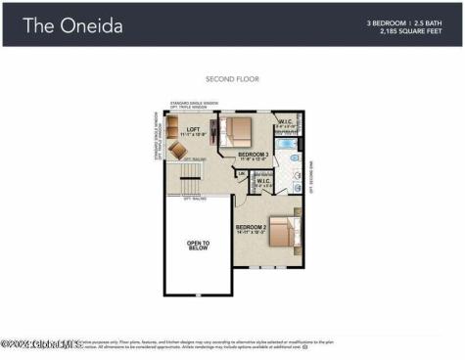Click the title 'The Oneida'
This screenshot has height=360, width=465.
click(73, 25)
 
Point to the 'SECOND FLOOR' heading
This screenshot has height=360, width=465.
click(232, 78)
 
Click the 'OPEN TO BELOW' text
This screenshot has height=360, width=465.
click(199, 245)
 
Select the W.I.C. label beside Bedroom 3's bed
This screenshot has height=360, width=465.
click(285, 123)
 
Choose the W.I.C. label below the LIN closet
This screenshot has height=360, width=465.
click(263, 181)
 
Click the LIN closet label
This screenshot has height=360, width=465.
click(241, 174)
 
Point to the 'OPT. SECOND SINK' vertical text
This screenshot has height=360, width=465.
click(310, 175)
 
